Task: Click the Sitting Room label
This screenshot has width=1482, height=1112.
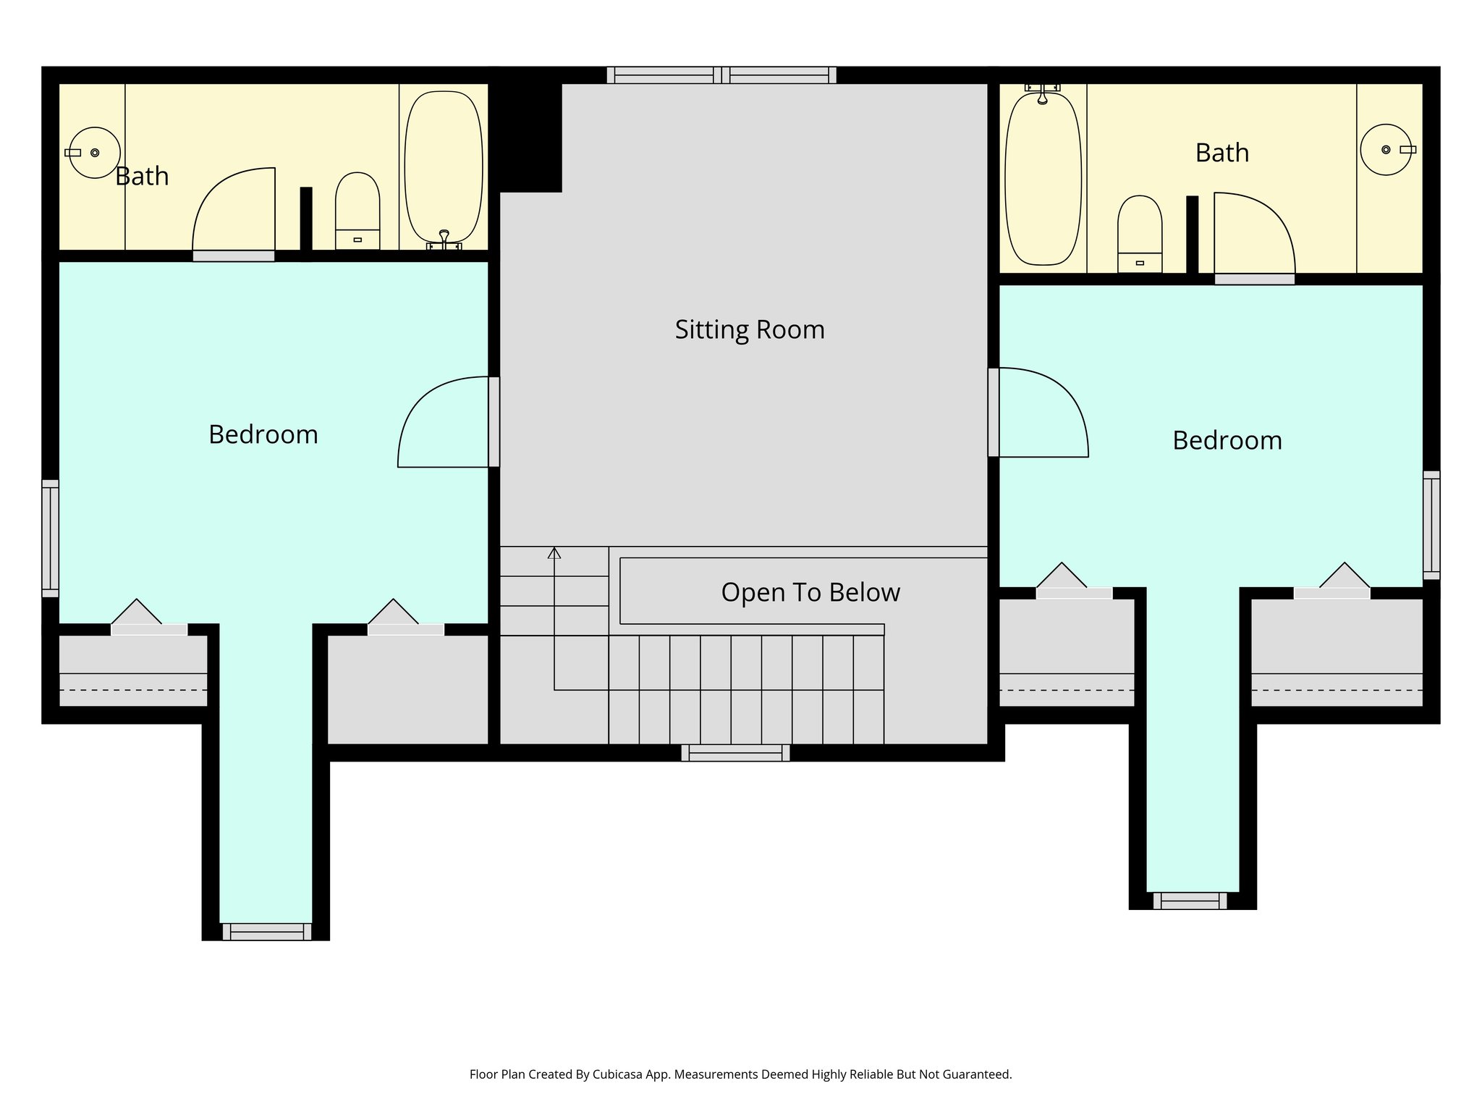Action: click(750, 330)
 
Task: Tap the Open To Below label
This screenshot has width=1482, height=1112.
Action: click(810, 593)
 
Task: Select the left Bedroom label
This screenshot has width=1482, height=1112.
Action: click(263, 434)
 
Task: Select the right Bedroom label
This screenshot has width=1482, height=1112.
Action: click(1227, 440)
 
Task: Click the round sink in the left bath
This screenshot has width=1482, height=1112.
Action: click(94, 153)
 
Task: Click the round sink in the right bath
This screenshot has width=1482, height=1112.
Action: click(1386, 150)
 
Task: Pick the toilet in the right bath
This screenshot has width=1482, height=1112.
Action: click(1140, 234)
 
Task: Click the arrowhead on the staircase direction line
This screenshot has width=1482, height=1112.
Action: click(554, 553)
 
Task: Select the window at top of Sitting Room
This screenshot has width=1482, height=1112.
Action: click(721, 75)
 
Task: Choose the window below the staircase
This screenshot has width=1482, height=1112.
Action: click(735, 753)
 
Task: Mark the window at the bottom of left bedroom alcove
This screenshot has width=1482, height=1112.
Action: click(266, 932)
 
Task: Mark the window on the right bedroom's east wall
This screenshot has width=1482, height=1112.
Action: click(1431, 526)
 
